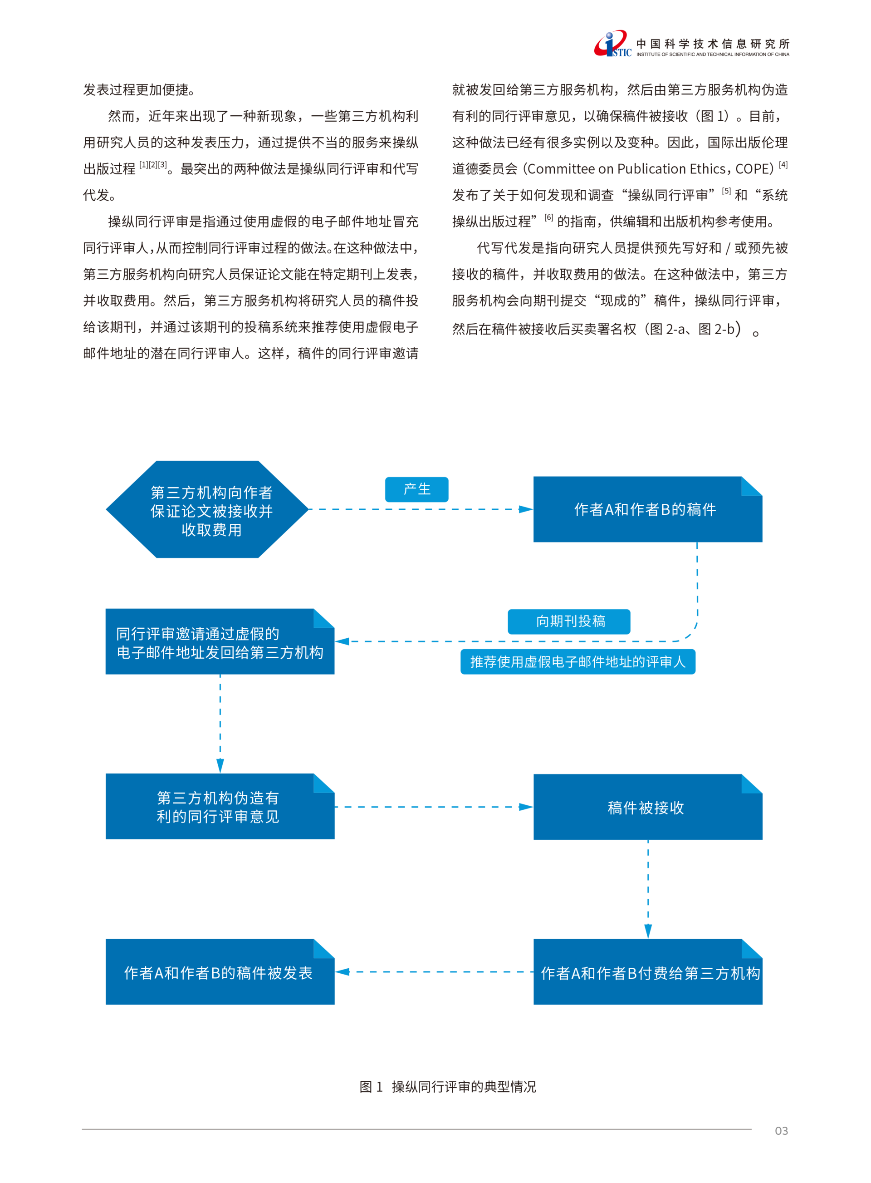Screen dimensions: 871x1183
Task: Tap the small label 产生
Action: tap(416, 489)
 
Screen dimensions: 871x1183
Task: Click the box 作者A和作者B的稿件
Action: tap(647, 509)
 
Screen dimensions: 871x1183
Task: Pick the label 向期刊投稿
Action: tap(569, 621)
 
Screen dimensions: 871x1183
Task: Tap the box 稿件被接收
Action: tap(647, 807)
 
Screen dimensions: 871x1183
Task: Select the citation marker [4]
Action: tap(783, 165)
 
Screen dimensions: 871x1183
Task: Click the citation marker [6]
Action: tap(549, 217)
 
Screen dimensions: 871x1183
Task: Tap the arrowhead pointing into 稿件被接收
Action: tap(526, 807)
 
